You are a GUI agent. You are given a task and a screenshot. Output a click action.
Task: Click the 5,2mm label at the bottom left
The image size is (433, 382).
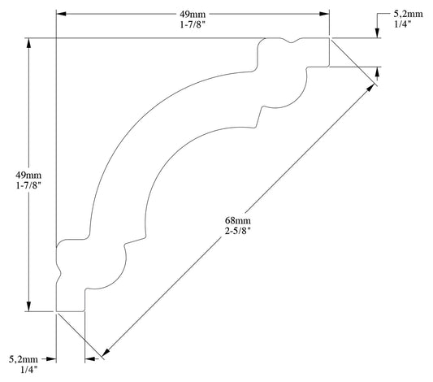coord(22,358)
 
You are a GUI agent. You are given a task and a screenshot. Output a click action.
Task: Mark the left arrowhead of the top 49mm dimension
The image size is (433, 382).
coord(61,13)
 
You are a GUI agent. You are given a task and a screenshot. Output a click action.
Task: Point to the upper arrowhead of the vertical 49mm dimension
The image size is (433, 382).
coord(29,43)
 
